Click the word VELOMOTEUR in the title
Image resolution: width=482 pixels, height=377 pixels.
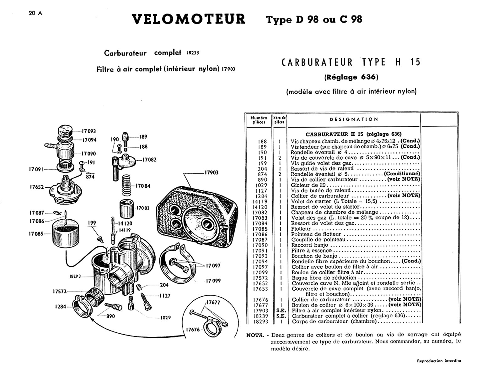point(189,19)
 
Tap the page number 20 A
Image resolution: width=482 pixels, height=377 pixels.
point(35,13)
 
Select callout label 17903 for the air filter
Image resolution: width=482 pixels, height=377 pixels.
point(212,172)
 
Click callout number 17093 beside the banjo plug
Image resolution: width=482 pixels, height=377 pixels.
point(89,131)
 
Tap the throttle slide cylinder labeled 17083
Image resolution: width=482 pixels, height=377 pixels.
point(127,209)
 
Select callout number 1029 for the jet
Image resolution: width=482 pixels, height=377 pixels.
point(166,318)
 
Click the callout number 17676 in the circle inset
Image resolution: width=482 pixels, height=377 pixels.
point(193,330)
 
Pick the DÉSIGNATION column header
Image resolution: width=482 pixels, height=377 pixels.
point(354,119)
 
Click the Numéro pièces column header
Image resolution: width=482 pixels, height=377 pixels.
point(259,120)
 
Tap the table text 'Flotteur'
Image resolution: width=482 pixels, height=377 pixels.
point(301,229)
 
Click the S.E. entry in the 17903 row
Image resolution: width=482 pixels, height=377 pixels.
point(281,311)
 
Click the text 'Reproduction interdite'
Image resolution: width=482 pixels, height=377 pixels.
point(439,361)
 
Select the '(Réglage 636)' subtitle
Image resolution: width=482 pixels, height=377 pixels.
point(351,77)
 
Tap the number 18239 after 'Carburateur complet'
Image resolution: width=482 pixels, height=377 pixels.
point(193,53)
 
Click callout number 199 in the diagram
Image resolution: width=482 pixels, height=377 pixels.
point(92,223)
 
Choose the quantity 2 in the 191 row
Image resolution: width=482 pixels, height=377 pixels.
point(280,158)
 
